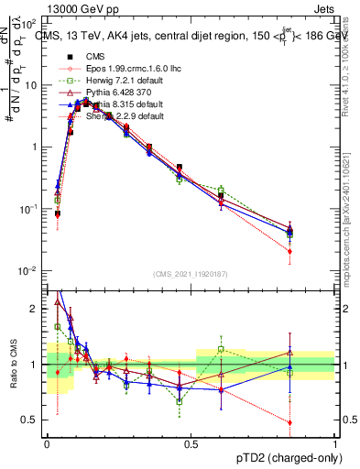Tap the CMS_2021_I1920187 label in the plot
click(x=191, y=273)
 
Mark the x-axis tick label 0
click(x=47, y=444)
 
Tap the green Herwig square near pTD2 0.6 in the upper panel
click(x=221, y=190)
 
